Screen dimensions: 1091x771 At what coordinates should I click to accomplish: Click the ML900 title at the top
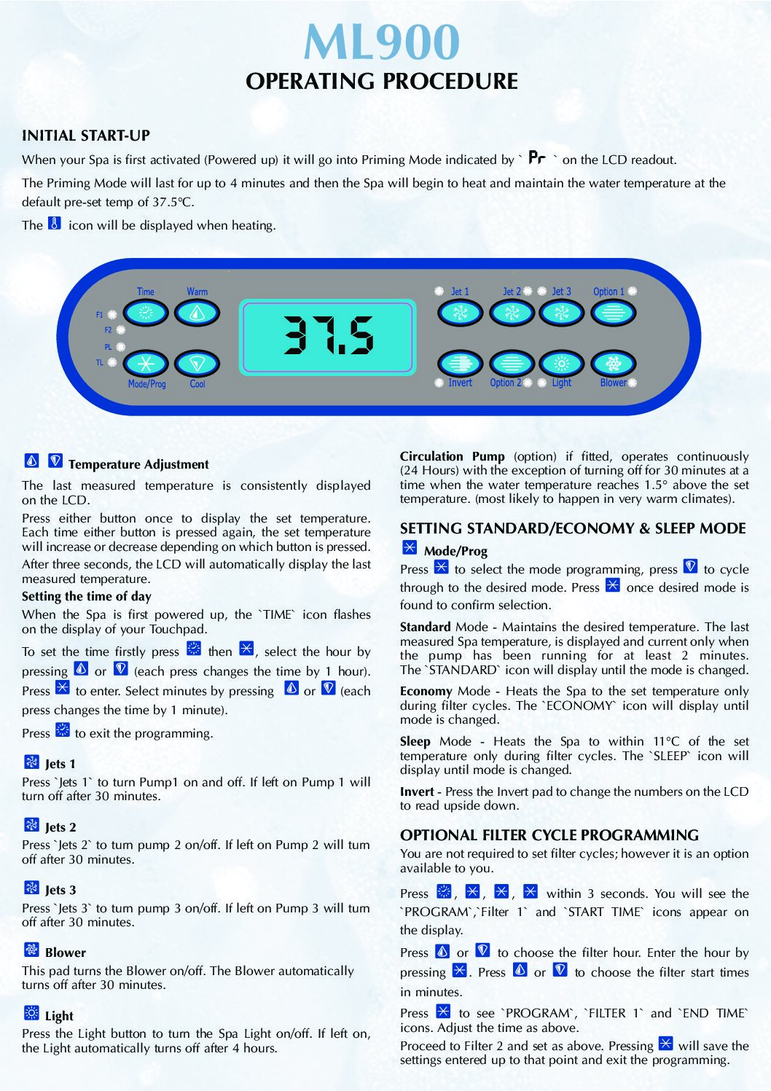tap(382, 42)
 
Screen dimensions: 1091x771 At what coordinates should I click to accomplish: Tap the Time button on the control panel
tap(146, 313)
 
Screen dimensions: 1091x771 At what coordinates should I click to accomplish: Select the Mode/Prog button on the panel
tap(146, 363)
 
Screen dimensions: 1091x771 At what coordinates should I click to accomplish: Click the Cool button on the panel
tap(197, 363)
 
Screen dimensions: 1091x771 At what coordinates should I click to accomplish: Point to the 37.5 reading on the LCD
tap(328, 336)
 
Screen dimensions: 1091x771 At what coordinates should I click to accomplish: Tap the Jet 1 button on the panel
tap(460, 313)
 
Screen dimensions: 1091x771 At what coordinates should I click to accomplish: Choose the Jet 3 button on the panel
tap(561, 313)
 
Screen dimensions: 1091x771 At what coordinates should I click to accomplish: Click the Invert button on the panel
tap(460, 362)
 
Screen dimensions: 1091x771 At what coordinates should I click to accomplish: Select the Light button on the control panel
tap(561, 362)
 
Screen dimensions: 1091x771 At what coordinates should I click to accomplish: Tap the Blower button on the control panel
tap(613, 362)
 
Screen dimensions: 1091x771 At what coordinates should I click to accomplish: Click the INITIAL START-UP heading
tap(86, 136)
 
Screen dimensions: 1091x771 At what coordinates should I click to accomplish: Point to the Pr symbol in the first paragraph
tap(536, 157)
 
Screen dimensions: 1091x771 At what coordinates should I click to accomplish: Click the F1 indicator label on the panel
tap(100, 315)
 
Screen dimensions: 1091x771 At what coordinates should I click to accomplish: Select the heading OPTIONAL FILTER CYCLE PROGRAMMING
tap(549, 835)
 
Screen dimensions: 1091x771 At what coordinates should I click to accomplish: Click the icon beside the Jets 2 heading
tap(31, 825)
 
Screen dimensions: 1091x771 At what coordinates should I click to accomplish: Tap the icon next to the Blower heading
tap(31, 950)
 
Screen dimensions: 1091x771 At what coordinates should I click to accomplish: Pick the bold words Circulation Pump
tap(452, 456)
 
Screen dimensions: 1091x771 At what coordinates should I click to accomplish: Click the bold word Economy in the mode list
tap(426, 691)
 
